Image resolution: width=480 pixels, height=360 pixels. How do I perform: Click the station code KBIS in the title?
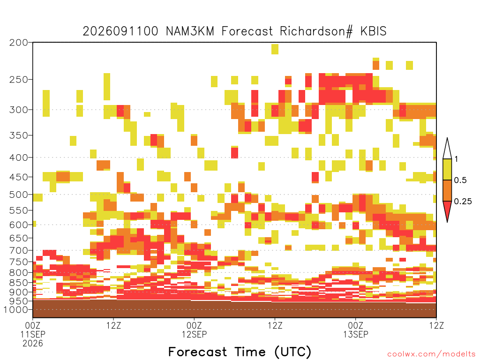(x=373, y=31)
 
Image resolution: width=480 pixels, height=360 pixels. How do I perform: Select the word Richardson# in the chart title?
(x=316, y=31)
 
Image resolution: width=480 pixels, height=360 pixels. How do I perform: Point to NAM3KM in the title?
(x=190, y=31)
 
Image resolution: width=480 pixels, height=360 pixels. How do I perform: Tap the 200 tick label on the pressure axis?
(x=19, y=43)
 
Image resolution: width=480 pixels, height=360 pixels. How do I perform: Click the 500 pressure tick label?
(x=19, y=195)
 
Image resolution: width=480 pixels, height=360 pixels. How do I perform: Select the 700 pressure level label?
(x=19, y=250)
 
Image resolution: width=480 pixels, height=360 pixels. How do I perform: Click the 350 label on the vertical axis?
(x=19, y=135)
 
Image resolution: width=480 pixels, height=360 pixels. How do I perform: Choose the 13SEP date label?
(x=356, y=334)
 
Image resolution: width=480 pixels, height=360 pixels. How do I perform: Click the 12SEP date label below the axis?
(x=194, y=334)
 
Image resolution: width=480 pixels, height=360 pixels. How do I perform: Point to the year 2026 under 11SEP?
(x=33, y=344)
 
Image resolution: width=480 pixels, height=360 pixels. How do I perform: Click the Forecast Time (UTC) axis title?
(x=240, y=352)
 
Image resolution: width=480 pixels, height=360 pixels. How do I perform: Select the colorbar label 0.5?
(x=460, y=180)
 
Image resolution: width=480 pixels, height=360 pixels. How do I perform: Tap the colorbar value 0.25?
(x=463, y=202)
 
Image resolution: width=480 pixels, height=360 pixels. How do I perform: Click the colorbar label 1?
(x=456, y=159)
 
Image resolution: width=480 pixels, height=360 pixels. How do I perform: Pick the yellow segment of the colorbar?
(x=447, y=169)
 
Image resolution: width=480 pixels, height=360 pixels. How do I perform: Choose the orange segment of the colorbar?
(x=447, y=190)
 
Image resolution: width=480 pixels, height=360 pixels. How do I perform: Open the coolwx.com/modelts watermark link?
(x=431, y=354)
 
